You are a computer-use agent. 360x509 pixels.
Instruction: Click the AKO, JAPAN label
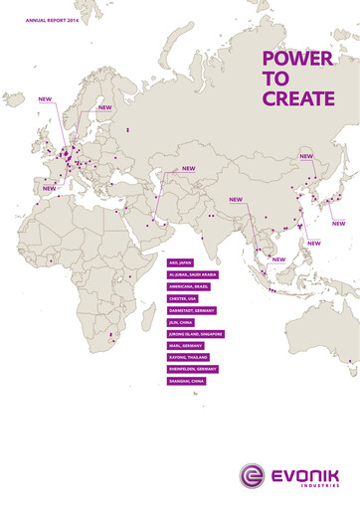[183, 262]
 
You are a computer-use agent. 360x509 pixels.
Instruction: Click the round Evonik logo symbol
[249, 477]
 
